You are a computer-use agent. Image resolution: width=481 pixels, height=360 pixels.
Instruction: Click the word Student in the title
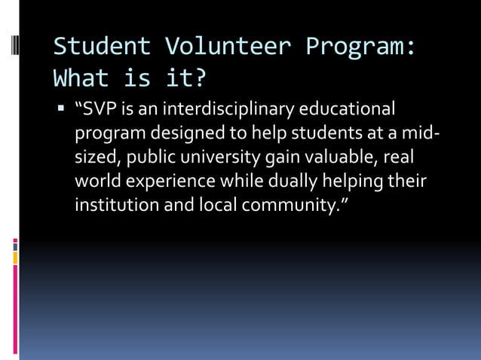tap(102, 46)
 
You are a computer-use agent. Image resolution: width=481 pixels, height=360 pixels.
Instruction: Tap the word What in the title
tap(81, 78)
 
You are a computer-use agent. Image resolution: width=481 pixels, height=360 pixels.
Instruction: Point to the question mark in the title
tap(199, 78)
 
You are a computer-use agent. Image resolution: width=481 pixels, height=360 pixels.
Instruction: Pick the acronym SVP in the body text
tap(98, 111)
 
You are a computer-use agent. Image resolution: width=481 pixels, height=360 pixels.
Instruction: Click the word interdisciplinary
tap(227, 111)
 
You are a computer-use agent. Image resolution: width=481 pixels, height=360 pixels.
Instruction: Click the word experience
tap(168, 182)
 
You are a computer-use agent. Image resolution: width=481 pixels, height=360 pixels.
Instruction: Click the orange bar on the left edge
tap(16, 258)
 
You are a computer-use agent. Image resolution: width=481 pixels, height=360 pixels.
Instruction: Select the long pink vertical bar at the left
tap(16, 309)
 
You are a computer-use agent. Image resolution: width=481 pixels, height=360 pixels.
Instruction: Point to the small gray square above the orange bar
tap(15, 244)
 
